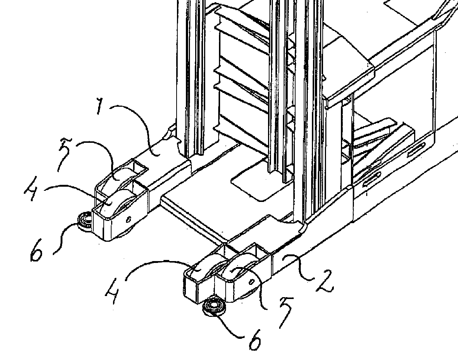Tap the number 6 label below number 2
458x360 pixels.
click(254, 340)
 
